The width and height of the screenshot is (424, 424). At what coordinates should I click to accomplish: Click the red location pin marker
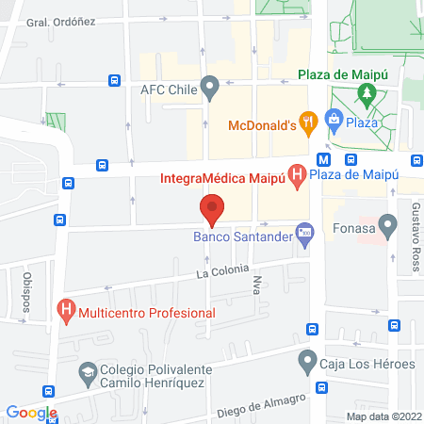coord(213,209)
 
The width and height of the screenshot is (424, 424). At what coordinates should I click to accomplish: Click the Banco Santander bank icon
coord(304,232)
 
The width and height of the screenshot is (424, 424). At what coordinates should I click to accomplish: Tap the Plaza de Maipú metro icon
coord(323,159)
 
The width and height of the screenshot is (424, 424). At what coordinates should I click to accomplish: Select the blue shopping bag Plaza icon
coord(333,119)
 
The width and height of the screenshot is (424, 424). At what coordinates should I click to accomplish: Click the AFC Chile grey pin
coord(211,90)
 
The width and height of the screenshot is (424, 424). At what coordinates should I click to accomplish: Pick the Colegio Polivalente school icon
coord(87,371)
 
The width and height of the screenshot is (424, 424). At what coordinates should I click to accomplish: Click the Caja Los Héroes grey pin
coord(307,359)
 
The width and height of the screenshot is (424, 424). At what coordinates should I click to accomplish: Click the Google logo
coord(32,412)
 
